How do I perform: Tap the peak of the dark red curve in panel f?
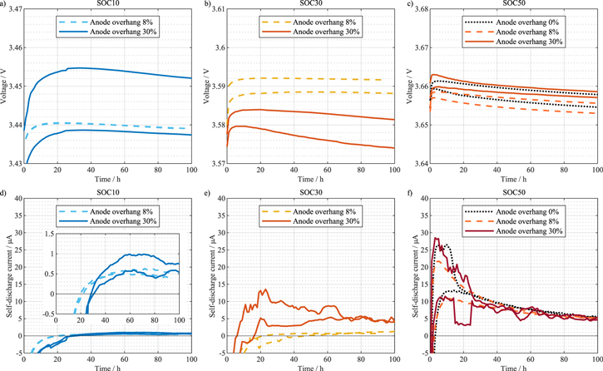point(436,238)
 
